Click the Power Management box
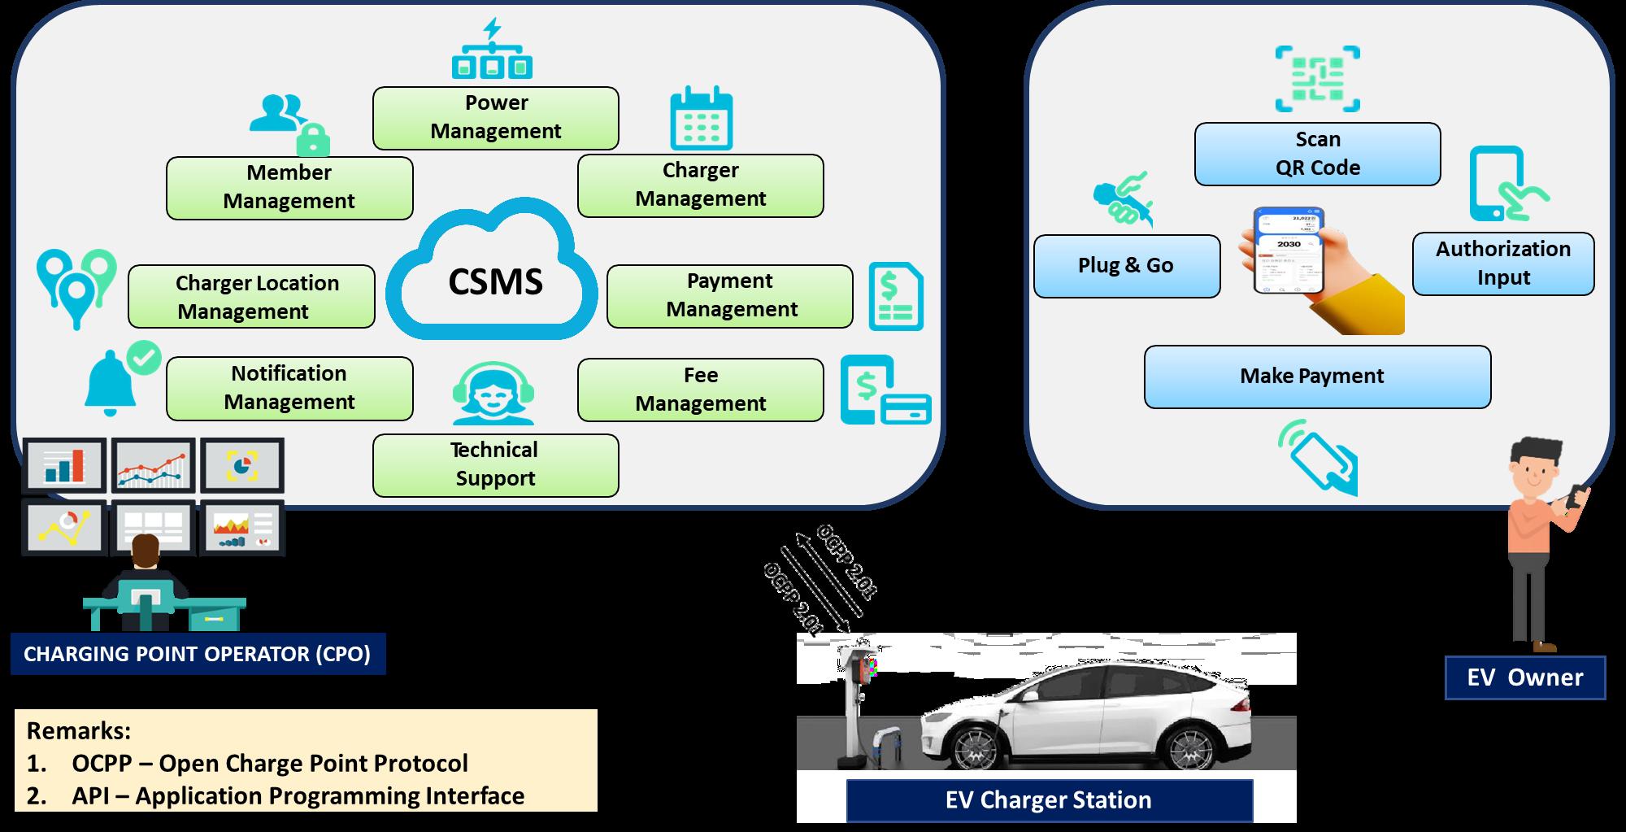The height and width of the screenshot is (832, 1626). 495,118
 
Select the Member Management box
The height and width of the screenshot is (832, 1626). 289,188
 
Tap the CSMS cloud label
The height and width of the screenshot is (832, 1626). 495,281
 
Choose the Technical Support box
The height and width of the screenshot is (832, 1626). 495,464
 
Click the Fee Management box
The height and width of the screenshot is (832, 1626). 700,390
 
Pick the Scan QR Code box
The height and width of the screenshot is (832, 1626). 1317,154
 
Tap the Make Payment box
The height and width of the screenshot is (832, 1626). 1317,377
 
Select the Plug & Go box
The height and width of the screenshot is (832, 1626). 1126,266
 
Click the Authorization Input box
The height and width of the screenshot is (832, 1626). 1502,264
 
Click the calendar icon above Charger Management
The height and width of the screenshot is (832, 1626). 701,119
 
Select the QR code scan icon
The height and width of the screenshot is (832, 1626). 1317,79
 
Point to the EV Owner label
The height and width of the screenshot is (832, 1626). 1524,678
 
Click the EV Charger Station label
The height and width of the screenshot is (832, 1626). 1049,800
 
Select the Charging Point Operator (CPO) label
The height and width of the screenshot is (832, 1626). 198,655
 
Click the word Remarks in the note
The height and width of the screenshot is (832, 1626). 79,730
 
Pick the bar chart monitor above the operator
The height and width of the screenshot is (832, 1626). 64,465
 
